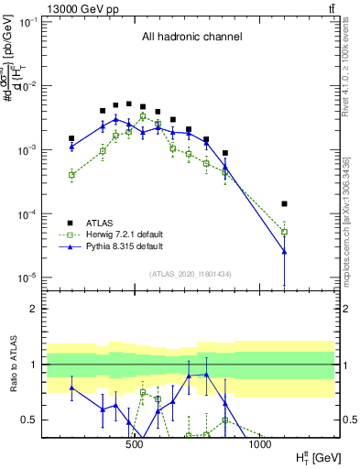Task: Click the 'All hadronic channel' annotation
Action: (x=191, y=38)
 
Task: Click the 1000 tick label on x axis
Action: (x=259, y=445)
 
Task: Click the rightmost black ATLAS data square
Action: (x=284, y=203)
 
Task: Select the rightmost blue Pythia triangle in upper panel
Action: (x=284, y=251)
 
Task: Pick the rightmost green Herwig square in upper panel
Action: (x=284, y=232)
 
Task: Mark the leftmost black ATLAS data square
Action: (x=71, y=138)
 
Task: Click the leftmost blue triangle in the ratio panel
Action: (x=71, y=387)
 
